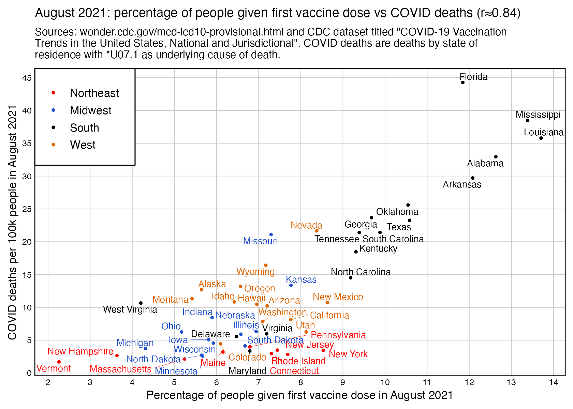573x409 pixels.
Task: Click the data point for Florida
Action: [462, 82]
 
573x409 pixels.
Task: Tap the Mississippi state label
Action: [538, 115]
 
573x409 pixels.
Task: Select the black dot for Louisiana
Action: [541, 138]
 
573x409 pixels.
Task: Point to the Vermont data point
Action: [59, 362]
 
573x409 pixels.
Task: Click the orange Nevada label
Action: [306, 225]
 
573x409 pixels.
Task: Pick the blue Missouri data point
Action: [271, 234]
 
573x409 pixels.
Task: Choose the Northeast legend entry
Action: [94, 93]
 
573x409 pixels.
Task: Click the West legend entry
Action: [83, 145]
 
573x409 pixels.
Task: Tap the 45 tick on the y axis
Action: [27, 78]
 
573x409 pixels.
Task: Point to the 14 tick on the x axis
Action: [554, 382]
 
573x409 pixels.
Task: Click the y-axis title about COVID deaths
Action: [13, 222]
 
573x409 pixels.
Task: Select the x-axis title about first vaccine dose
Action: [299, 395]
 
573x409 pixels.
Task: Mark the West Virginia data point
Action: [141, 303]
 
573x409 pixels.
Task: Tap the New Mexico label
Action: [338, 297]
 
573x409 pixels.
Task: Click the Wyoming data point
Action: [266, 265]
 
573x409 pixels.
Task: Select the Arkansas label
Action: [462, 184]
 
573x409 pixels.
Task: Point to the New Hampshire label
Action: [80, 351]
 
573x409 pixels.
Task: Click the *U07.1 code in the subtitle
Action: [122, 55]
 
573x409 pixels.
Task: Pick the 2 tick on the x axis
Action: [48, 382]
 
